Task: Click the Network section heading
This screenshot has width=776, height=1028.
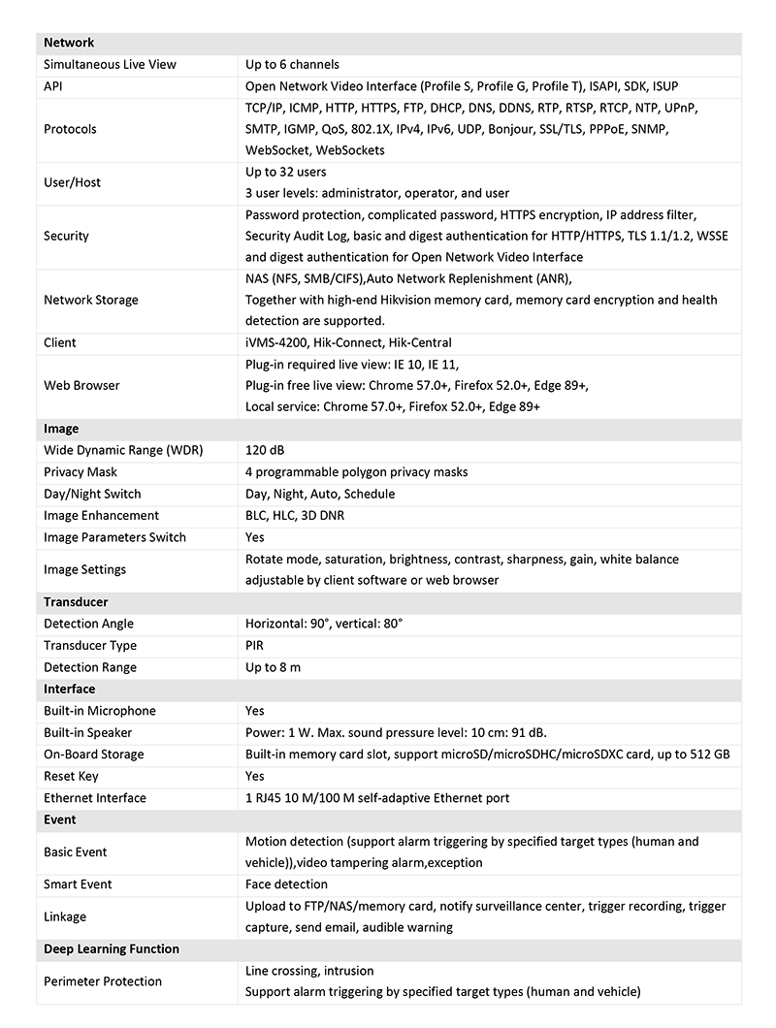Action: point(69,43)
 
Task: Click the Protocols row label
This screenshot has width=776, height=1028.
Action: point(70,129)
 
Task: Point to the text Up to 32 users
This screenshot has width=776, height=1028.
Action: point(285,172)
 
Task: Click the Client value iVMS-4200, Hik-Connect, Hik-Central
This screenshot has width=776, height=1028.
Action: point(348,342)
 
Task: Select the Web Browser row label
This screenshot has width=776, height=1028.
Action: point(81,385)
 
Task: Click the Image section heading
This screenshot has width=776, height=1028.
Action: point(61,429)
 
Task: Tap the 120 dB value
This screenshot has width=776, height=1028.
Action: point(265,450)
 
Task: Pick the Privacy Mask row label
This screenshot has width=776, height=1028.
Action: point(81,472)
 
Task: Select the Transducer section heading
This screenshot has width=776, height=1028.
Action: point(76,602)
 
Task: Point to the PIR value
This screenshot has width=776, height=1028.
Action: point(254,645)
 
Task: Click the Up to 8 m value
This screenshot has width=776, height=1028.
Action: point(273,667)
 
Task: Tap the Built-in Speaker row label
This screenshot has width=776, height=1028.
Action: point(87,732)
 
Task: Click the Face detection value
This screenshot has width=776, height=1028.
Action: point(286,884)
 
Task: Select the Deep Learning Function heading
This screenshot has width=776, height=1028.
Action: point(112,949)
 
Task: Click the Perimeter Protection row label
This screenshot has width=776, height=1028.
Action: point(103,981)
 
